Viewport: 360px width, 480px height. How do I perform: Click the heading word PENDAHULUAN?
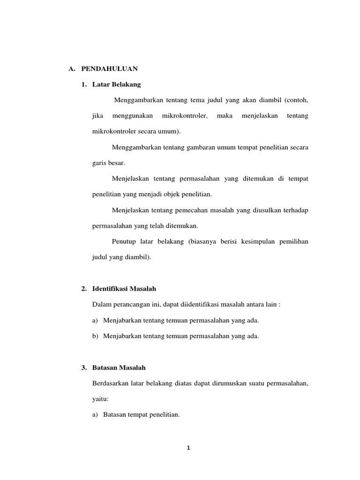coord(109,68)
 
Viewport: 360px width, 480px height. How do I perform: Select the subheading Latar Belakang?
coord(117,85)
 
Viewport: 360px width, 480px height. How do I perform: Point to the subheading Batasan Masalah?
coord(120,367)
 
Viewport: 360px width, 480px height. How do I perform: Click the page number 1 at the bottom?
coord(187,448)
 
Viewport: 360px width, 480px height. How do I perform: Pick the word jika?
coord(97,115)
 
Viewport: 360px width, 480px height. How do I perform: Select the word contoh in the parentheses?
coord(296,100)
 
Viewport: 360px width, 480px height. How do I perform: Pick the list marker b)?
coord(96,336)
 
